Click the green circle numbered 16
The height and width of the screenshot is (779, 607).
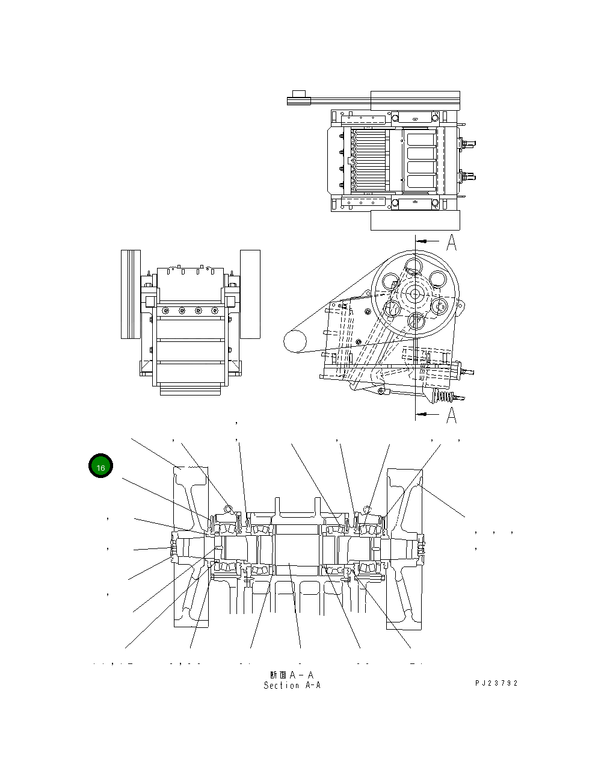(100, 467)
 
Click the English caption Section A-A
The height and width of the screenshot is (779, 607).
(292, 686)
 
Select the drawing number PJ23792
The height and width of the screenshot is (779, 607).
(496, 683)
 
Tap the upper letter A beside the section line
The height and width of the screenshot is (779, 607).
(452, 243)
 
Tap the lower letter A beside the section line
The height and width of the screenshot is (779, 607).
(452, 415)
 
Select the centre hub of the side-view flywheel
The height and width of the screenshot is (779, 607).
(413, 294)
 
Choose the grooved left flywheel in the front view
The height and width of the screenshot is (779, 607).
(131, 294)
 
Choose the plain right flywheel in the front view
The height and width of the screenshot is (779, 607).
(250, 294)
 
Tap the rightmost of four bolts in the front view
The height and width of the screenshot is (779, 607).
(214, 311)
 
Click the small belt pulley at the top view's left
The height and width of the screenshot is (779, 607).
(298, 98)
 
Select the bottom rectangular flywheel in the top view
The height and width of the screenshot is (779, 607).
(415, 220)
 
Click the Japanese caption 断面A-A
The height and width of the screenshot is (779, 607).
(292, 675)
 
